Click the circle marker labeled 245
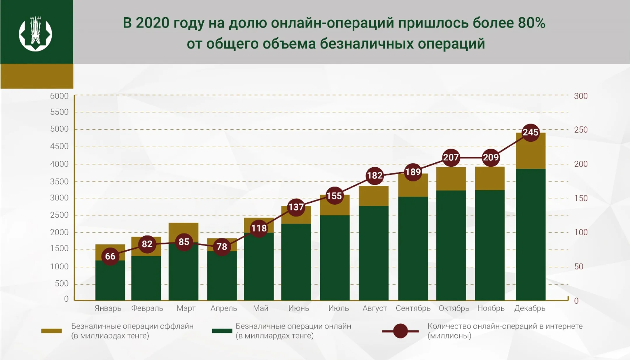click(x=530, y=132)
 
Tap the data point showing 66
click(x=110, y=256)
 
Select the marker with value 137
click(x=296, y=207)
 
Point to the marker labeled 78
click(x=222, y=247)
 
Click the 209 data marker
click(x=491, y=157)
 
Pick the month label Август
click(x=374, y=308)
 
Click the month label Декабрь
click(x=530, y=308)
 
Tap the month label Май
click(x=260, y=308)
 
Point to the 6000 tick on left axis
click(x=59, y=96)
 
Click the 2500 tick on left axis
click(x=59, y=215)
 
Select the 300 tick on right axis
click(x=581, y=96)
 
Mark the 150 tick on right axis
click(x=581, y=198)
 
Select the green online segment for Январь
click(x=110, y=281)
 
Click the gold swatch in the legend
click(x=52, y=331)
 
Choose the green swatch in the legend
click(x=222, y=331)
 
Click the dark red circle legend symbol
click(x=400, y=331)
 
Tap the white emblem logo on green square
click(x=36, y=34)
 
